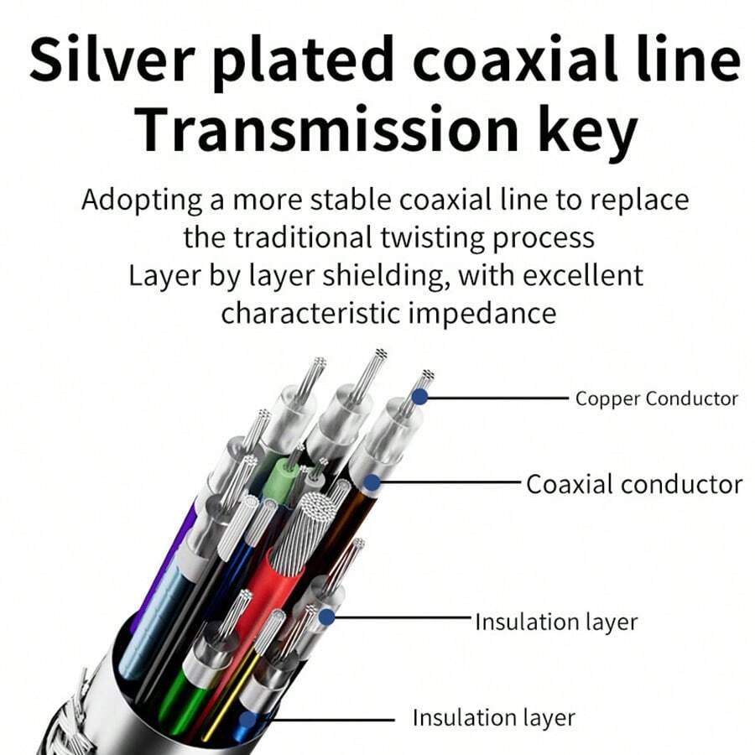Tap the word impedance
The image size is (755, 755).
point(482,313)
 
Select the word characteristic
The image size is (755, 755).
point(311,313)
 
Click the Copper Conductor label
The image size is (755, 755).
point(657,398)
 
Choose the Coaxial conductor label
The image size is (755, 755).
point(634,484)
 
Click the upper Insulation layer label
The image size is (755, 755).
point(556,622)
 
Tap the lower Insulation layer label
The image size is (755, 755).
point(493,718)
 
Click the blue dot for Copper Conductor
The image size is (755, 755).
point(419,398)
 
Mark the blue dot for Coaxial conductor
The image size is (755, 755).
point(371,484)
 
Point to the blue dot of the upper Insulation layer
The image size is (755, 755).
point(326,618)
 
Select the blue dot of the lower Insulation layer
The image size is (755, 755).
point(247,719)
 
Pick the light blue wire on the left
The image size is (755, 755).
point(151,612)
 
